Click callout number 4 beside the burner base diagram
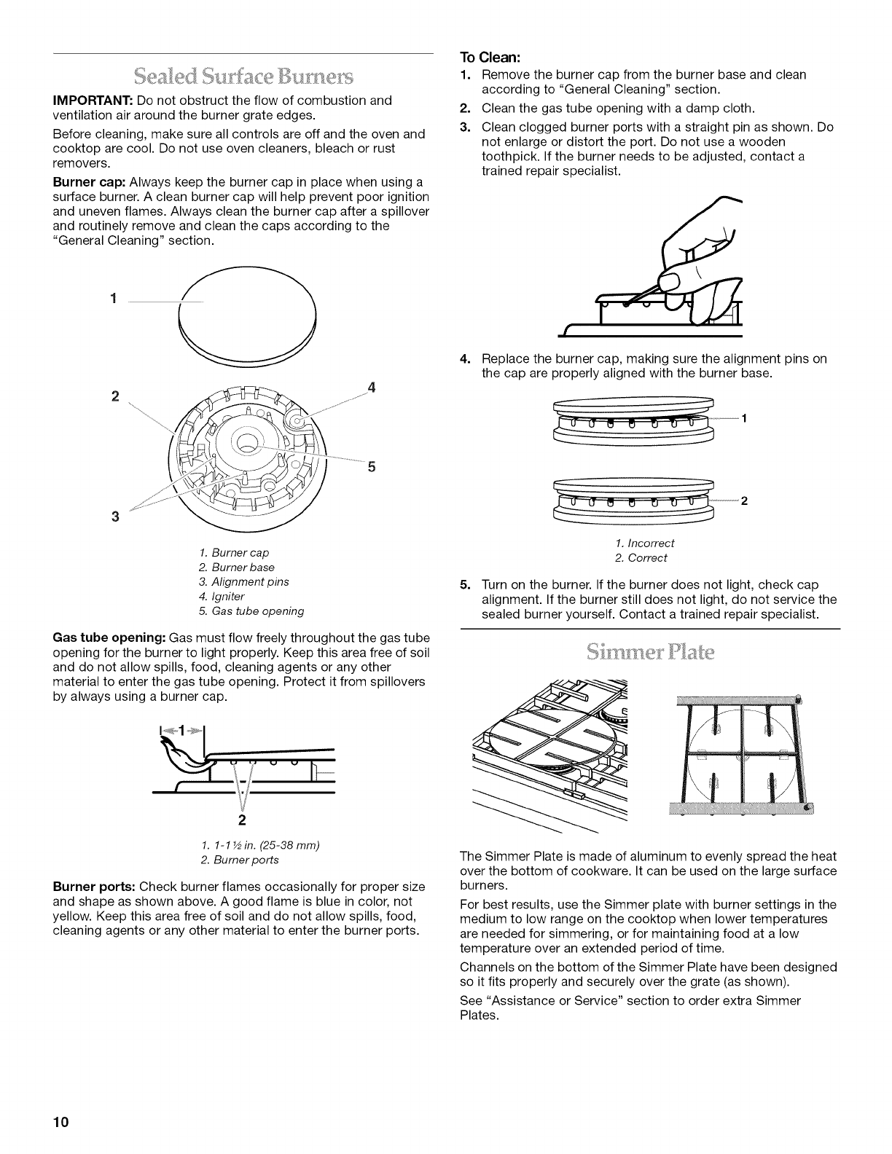372,388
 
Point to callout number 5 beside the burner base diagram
371,468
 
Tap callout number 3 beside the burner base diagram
114,517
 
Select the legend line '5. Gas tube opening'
251,611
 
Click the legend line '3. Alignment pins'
243,581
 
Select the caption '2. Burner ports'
239,860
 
